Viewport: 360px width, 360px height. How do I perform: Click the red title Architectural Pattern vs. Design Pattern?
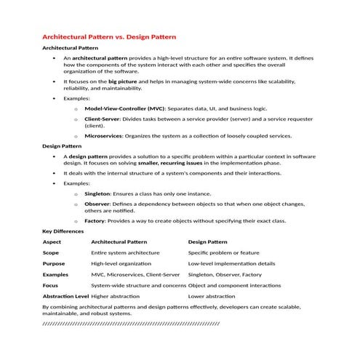pyautogui.click(x=109, y=36)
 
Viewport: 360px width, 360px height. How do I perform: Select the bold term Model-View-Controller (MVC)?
pyautogui.click(x=124, y=108)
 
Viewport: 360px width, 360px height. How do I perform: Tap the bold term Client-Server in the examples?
pyautogui.click(x=103, y=118)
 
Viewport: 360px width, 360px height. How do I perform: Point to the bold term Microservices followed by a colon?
pyautogui.click(x=104, y=135)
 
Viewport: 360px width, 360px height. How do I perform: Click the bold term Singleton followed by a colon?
pyautogui.click(x=97, y=193)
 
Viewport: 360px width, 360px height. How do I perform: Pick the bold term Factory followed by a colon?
pyautogui.click(x=95, y=220)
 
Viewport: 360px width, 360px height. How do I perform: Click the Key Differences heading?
pyautogui.click(x=63, y=231)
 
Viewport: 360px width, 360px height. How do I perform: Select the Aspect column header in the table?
pyautogui.click(x=52, y=241)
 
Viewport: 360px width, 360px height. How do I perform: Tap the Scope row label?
pyautogui.click(x=51, y=252)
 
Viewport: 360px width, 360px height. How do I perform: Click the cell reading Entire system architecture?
pyautogui.click(x=124, y=252)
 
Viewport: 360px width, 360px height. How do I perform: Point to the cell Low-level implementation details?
pyautogui.click(x=231, y=263)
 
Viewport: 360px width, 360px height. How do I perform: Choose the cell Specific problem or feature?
pyautogui.click(x=223, y=252)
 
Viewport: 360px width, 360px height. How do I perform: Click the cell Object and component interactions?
pyautogui.click(x=234, y=286)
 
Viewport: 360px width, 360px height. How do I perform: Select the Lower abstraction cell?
pyautogui.click(x=211, y=297)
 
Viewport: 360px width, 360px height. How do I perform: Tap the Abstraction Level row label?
pyautogui.click(x=65, y=297)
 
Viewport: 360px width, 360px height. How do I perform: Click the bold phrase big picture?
pyautogui.click(x=122, y=81)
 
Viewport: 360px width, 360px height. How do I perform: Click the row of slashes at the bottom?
pyautogui.click(x=131, y=321)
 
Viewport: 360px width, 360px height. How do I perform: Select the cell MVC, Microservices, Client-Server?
pyautogui.click(x=135, y=275)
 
